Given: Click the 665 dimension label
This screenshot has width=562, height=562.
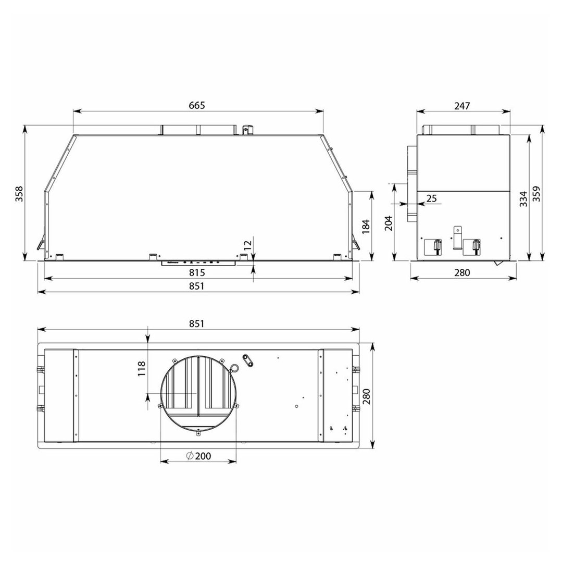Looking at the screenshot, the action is point(197,105).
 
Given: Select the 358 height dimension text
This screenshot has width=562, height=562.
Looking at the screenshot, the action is point(19,194).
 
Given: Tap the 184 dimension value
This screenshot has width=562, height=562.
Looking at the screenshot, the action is point(366,227).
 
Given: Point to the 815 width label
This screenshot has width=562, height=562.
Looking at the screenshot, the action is point(197,273).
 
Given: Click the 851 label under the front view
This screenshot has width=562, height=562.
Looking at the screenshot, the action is point(197,286).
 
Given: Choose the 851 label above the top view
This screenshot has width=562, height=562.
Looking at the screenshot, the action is point(197,323).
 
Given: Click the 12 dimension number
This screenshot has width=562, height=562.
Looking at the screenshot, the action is point(248,245).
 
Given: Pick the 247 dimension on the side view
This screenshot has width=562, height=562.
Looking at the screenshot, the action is point(462,106).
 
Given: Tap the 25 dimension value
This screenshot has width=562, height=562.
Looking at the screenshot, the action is point(432,198).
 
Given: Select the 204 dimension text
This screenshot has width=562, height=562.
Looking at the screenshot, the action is point(389,223).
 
